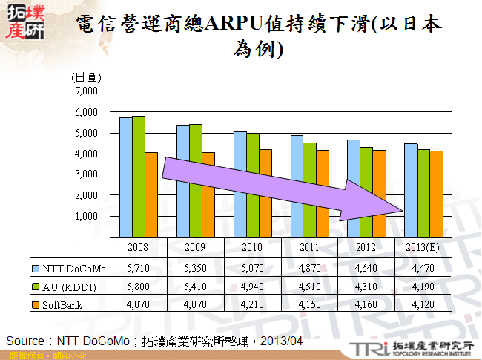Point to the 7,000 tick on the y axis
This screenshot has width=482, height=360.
pyautogui.click(x=87, y=91)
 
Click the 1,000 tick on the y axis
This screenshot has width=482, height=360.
pyautogui.click(x=87, y=216)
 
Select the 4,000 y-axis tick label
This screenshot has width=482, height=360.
pyautogui.click(x=87, y=154)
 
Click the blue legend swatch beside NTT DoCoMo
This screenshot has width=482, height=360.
pyautogui.click(x=36, y=267)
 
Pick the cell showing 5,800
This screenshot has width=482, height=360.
pyautogui.click(x=137, y=286)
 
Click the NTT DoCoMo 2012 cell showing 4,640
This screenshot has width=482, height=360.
pyautogui.click(x=366, y=267)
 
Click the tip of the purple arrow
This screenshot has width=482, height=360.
pyautogui.click(x=406, y=210)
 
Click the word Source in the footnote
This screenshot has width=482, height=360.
pyautogui.click(x=24, y=340)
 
